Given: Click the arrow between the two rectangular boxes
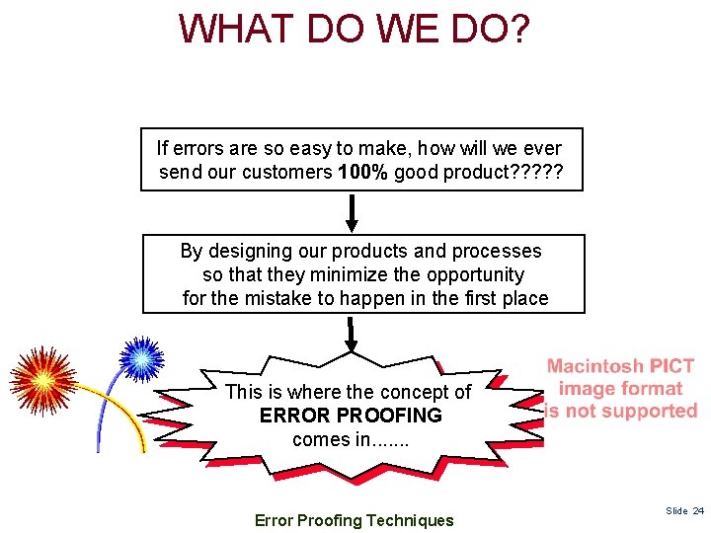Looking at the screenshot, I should point(352,211).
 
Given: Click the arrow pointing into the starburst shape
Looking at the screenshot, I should point(351,336).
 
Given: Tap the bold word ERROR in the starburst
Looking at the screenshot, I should point(293,416).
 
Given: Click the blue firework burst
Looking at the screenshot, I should point(142,360).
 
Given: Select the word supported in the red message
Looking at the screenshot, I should point(649,411).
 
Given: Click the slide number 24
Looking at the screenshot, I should point(698,510).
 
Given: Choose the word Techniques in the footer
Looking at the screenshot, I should point(407,520).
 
